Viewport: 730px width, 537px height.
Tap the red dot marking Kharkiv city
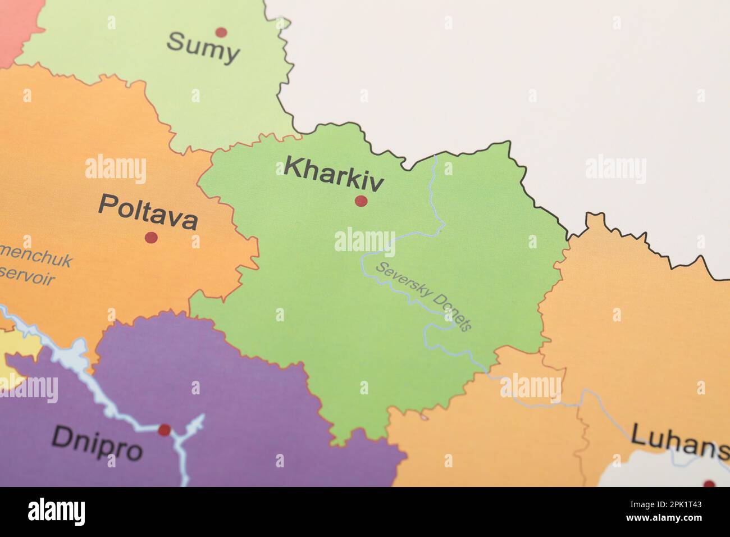tap(361, 201)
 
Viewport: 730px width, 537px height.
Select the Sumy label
tap(203, 48)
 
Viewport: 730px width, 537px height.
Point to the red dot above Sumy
tap(221, 32)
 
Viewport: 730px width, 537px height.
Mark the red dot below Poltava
tap(151, 237)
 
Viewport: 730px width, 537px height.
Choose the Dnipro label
tap(97, 443)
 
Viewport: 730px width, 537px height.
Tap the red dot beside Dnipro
tap(164, 430)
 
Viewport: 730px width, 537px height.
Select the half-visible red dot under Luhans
tap(709, 484)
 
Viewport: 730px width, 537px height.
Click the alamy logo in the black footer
tap(56, 512)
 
